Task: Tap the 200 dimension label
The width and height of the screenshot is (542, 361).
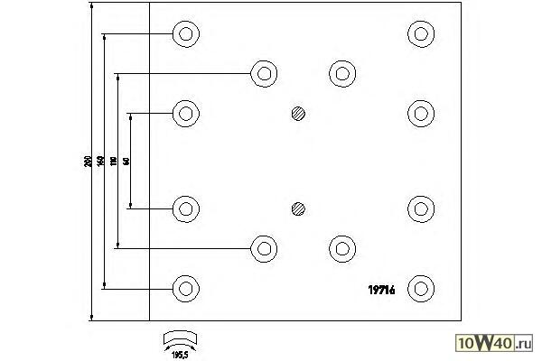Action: pyautogui.click(x=88, y=162)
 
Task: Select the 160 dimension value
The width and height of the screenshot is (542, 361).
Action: pyautogui.click(x=101, y=162)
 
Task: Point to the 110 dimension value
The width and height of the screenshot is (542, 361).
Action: pyautogui.click(x=114, y=162)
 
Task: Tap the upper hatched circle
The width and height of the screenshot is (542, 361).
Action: pyautogui.click(x=299, y=114)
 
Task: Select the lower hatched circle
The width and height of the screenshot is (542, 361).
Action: pyautogui.click(x=299, y=209)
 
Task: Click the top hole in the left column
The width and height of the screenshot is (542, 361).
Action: pyautogui.click(x=185, y=34)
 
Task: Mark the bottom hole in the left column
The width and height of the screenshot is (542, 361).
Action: pyautogui.click(x=185, y=289)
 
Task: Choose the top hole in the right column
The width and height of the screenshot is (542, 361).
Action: pyautogui.click(x=420, y=34)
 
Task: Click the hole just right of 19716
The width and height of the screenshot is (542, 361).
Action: pyautogui.click(x=420, y=289)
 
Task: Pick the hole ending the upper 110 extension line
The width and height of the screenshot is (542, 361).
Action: pyautogui.click(x=264, y=73)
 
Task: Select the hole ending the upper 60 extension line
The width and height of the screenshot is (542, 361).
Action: pyautogui.click(x=185, y=114)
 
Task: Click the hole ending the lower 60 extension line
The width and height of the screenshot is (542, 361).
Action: pyautogui.click(x=185, y=209)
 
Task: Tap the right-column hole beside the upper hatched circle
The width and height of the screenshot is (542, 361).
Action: pyautogui.click(x=420, y=114)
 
